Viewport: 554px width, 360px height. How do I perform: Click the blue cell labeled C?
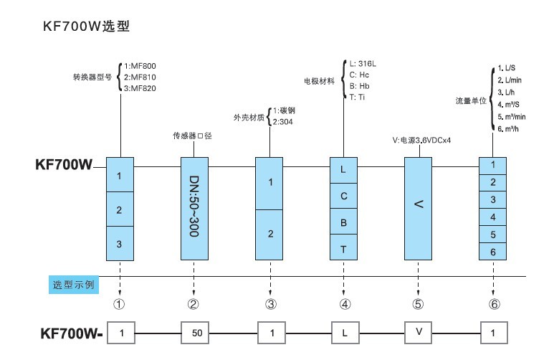(x=343, y=196)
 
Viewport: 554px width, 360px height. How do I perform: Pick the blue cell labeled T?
(x=343, y=248)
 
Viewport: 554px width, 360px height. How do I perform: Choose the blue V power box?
(x=419, y=208)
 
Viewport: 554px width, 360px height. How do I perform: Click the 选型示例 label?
(x=74, y=284)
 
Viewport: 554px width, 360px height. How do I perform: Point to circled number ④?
(x=345, y=304)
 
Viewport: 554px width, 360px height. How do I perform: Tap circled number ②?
(x=193, y=304)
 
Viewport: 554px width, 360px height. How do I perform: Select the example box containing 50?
(x=195, y=333)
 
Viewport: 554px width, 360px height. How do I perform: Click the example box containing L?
(x=344, y=333)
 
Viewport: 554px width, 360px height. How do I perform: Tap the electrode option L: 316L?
(x=363, y=64)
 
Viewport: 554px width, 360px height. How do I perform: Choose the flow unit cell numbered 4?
(x=492, y=217)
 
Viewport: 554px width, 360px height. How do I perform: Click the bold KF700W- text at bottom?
(x=72, y=333)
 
